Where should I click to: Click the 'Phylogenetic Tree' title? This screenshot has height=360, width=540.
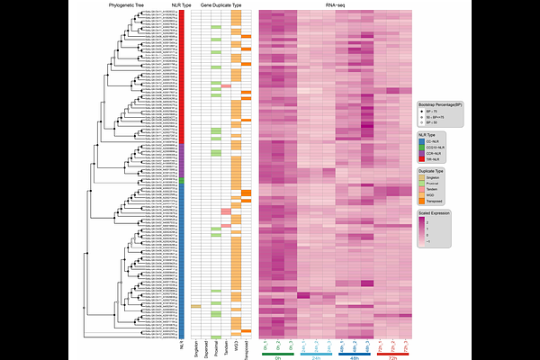click(x=127, y=5)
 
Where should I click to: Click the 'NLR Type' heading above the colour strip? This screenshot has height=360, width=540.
click(x=182, y=5)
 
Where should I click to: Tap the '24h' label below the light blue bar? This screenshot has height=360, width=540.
click(x=316, y=357)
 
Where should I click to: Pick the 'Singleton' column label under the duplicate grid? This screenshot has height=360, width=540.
click(x=195, y=346)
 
